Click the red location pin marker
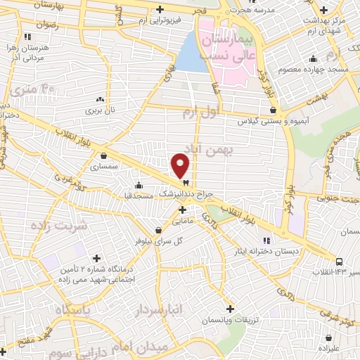tap(181, 165)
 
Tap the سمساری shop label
tap(104, 167)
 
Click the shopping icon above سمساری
tap(104, 156)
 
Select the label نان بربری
tap(99, 110)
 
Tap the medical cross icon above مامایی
tap(182, 210)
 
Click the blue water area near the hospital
tap(191, 53)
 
